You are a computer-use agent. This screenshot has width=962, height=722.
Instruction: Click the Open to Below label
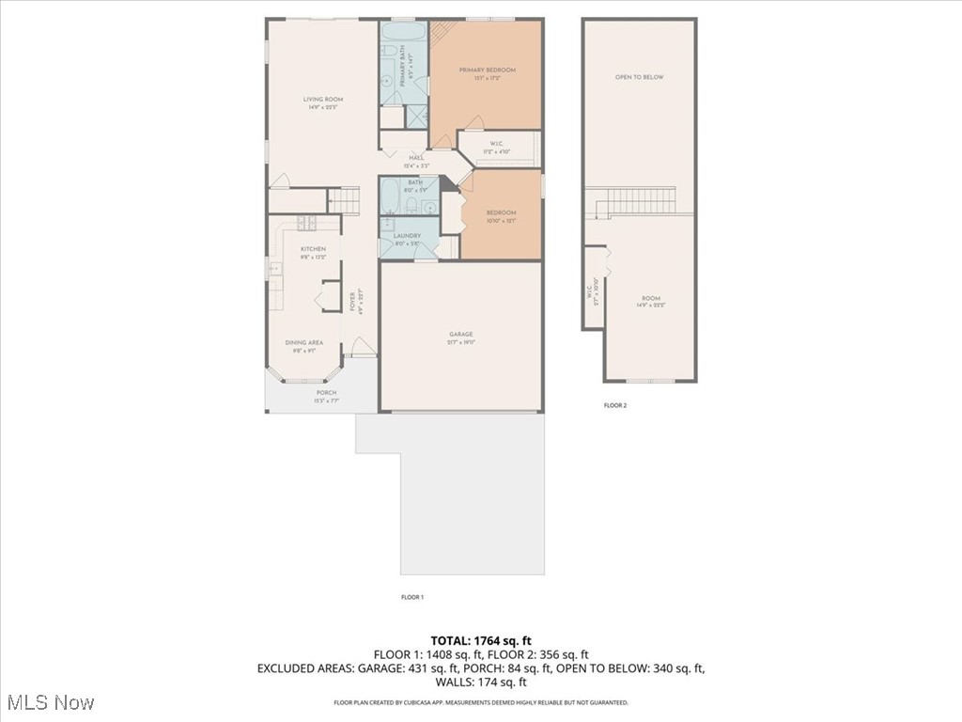pos(639,77)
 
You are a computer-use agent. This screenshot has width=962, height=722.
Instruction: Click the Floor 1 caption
pos(412,597)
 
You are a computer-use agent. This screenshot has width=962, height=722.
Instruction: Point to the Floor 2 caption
pos(614,406)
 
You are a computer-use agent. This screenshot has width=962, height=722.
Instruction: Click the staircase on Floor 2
pos(639,200)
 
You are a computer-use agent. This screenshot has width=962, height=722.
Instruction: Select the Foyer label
pos(353,302)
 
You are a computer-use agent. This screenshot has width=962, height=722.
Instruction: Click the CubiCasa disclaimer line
pos(481,702)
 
